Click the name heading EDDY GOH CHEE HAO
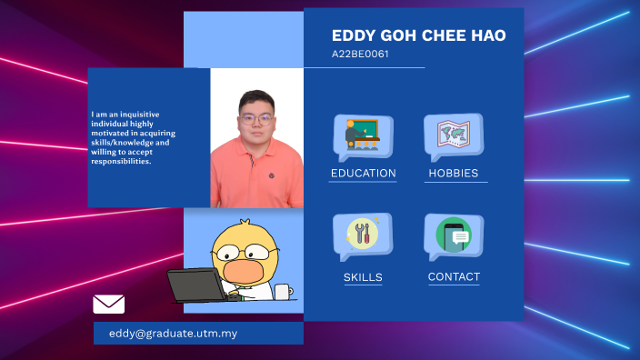click(418, 36)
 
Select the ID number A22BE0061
click(360, 55)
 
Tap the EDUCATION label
click(363, 173)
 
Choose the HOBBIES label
click(453, 173)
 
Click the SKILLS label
click(363, 277)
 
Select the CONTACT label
click(454, 276)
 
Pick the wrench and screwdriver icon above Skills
click(363, 235)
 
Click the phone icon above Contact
click(454, 235)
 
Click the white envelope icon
click(109, 304)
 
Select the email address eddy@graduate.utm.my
click(173, 334)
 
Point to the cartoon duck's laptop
click(195, 285)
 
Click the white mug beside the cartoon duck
click(283, 292)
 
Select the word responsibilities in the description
click(121, 162)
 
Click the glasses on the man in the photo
click(256, 117)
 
